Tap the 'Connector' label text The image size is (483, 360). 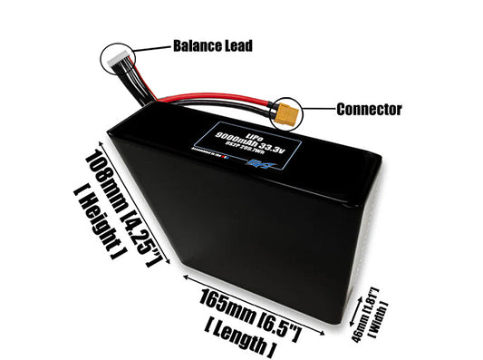369,110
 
